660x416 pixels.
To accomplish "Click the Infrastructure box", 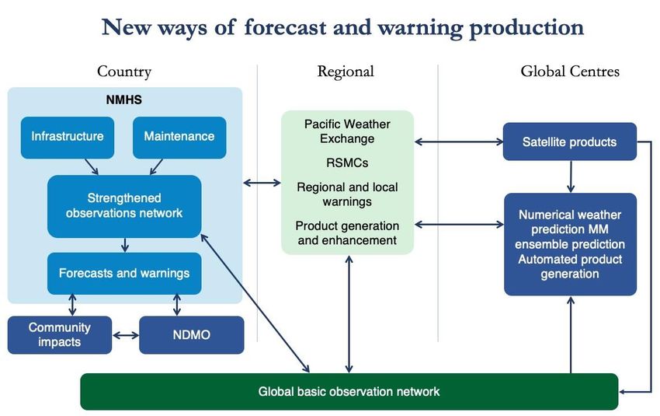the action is coord(68,138).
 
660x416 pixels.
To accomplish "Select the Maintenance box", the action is coord(179,138).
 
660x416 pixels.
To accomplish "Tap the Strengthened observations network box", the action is coord(124,206).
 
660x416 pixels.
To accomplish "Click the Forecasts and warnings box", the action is coord(124,274).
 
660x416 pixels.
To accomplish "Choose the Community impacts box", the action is coord(60,335).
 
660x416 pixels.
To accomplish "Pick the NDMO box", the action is coord(192,335).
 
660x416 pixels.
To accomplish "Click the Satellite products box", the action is coord(569,142).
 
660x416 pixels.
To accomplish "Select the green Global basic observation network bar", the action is coord(349,392).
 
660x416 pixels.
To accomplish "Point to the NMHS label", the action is coord(124,100).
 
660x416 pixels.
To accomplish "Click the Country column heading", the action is coord(124,72).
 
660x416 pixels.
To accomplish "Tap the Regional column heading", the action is coord(346,72).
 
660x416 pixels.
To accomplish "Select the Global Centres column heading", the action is coord(570,72).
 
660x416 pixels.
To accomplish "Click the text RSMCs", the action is coord(347,163).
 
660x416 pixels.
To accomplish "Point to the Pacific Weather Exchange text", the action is coord(347,131).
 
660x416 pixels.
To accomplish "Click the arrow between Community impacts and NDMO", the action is coord(126,335).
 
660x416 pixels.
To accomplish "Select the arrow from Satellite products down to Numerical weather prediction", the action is coord(571,177).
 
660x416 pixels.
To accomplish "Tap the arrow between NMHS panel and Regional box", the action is coord(262,183).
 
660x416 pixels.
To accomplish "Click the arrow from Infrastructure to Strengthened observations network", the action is coord(92,166).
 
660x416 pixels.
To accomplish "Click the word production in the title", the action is coord(526,27).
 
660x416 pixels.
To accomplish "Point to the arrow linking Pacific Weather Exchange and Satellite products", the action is coord(459,142).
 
